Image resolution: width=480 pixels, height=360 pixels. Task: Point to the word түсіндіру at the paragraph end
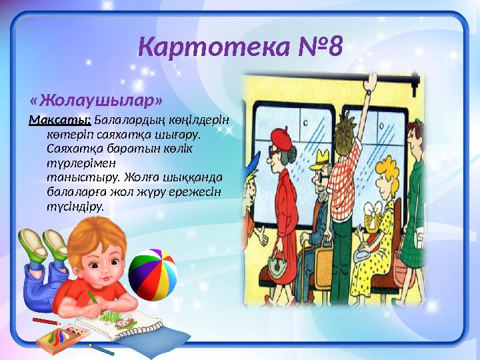75,206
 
